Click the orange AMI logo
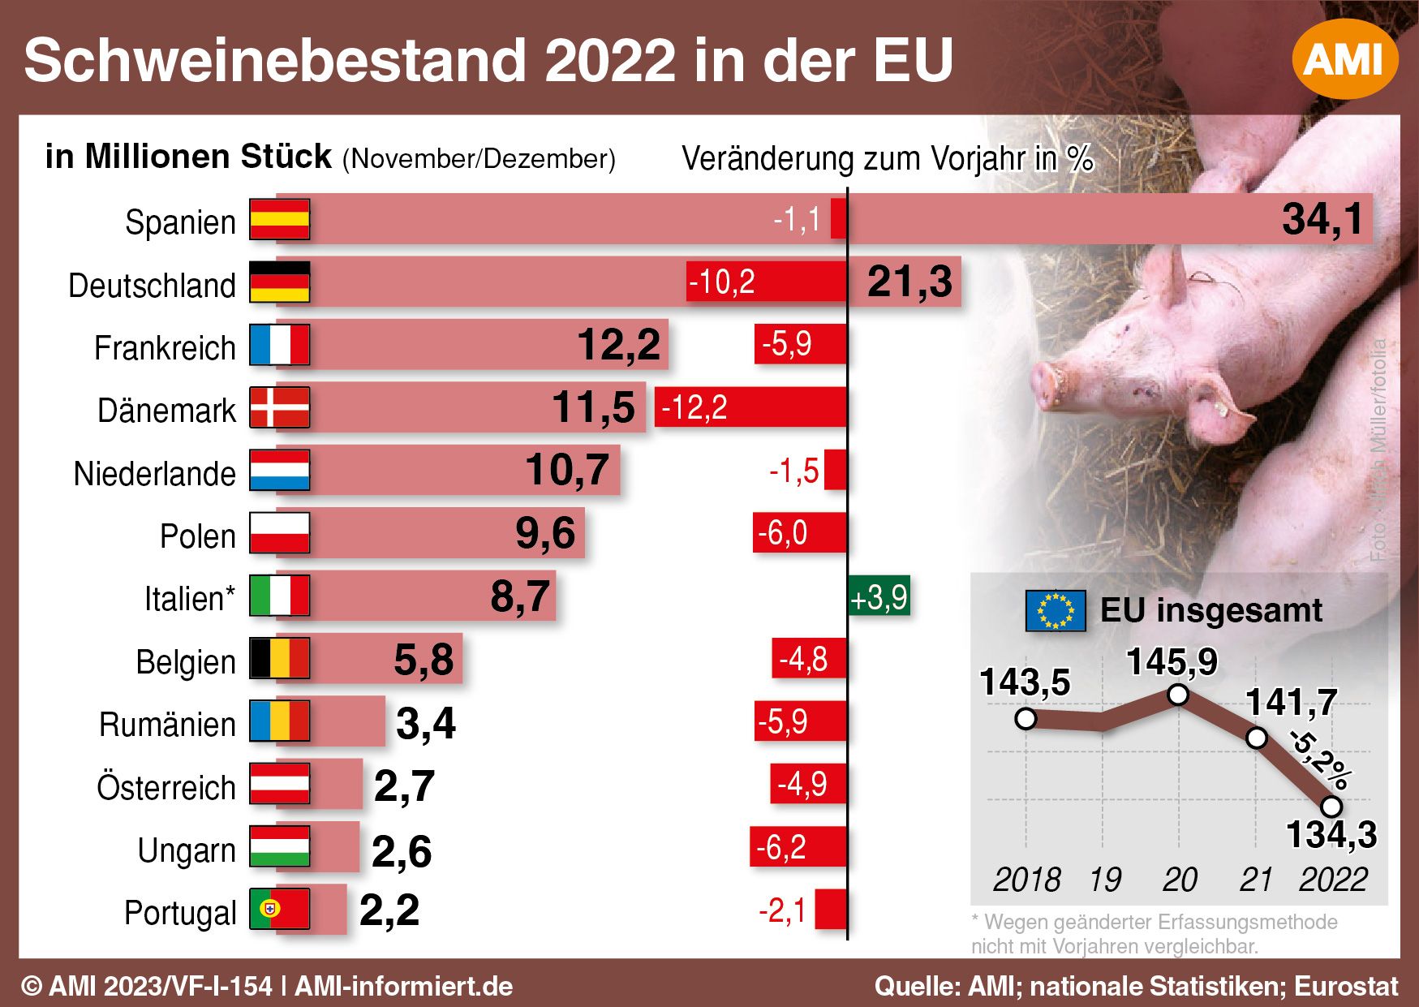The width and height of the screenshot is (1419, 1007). point(1344,59)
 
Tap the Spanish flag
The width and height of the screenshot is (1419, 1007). point(279,219)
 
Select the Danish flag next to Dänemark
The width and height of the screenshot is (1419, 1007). point(279,407)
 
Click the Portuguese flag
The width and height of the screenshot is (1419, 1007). point(279,909)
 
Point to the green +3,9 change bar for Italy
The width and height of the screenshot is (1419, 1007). point(879,597)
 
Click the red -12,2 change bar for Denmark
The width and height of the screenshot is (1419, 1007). point(750,407)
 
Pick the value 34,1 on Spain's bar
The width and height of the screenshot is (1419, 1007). point(1322,219)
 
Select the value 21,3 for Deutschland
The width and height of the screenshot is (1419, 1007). point(909,282)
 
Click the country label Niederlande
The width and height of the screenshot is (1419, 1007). point(154,474)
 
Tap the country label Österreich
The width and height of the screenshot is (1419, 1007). point(166,787)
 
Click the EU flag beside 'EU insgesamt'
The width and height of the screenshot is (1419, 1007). point(1055,610)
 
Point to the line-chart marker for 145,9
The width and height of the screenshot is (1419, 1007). point(1178,695)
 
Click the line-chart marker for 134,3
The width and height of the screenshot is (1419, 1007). point(1331,807)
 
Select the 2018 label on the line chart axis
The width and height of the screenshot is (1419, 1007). point(1026,880)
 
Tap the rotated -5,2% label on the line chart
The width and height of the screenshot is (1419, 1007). point(1320,760)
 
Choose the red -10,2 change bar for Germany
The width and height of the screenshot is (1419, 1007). point(766,282)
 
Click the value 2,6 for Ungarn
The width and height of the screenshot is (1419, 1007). point(402,850)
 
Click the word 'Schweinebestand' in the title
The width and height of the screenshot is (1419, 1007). point(276,61)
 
